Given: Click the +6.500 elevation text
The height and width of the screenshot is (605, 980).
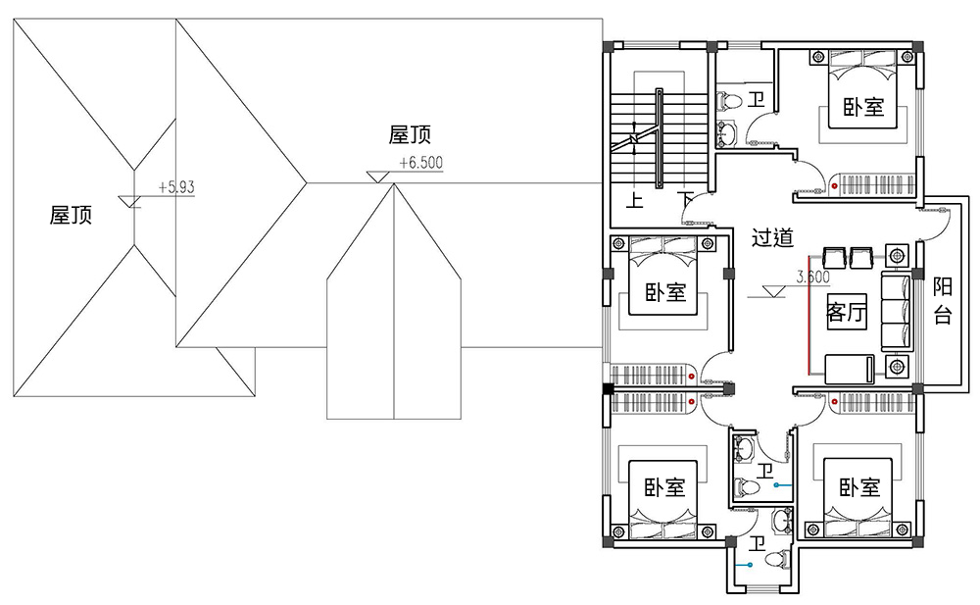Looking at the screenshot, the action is [420, 163].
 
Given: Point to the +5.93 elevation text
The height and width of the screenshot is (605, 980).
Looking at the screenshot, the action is [176, 187].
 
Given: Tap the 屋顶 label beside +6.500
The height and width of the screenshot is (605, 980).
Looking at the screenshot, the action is [410, 134].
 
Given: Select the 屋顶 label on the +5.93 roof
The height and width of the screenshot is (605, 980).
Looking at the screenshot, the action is [71, 215].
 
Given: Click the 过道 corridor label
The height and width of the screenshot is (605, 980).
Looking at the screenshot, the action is [772, 237].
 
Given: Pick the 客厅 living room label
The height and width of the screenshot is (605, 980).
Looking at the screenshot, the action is [847, 311].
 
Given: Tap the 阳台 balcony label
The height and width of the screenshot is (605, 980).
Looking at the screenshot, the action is [943, 301].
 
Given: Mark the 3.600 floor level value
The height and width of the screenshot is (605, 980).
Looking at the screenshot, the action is [812, 277].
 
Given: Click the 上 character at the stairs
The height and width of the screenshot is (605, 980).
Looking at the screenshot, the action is [634, 201].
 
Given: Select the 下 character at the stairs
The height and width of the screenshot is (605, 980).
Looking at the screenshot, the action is [686, 200].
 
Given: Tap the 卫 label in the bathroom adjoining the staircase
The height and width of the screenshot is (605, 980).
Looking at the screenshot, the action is [757, 99].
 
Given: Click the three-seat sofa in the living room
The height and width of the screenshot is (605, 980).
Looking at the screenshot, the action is [898, 311].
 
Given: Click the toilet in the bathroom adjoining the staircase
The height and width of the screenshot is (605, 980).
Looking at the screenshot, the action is [729, 100].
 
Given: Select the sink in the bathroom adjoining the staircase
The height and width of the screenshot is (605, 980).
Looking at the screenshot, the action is [727, 132].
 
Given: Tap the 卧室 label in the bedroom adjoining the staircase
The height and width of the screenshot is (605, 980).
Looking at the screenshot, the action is [665, 292].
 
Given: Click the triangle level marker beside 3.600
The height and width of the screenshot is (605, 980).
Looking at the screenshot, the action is [774, 291].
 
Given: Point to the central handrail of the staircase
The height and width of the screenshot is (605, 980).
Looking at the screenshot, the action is [659, 138].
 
